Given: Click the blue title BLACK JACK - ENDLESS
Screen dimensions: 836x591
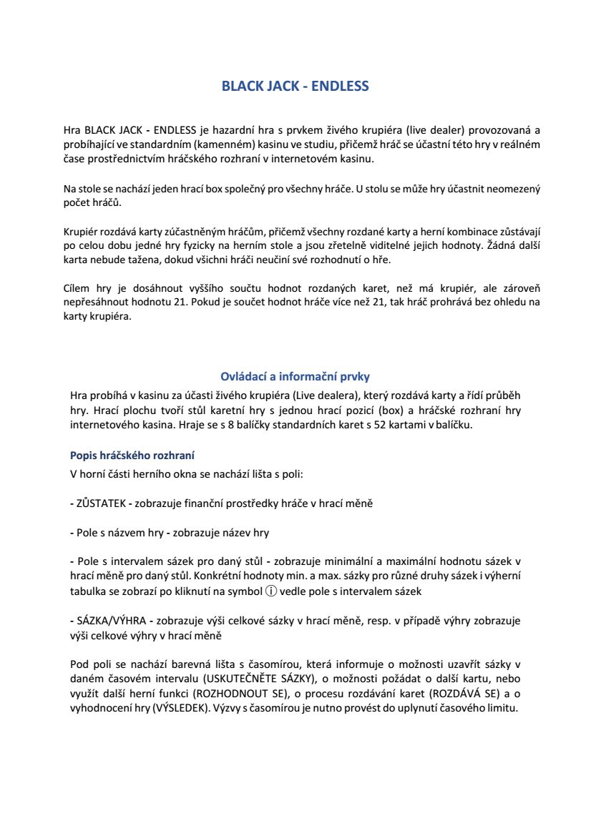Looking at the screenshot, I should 295,87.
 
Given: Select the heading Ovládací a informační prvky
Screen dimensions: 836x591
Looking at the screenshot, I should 295,377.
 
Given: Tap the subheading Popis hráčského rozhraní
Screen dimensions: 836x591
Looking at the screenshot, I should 122,455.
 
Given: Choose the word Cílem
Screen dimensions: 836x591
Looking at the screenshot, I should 77,289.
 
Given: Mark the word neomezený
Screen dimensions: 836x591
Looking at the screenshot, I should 512,190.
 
